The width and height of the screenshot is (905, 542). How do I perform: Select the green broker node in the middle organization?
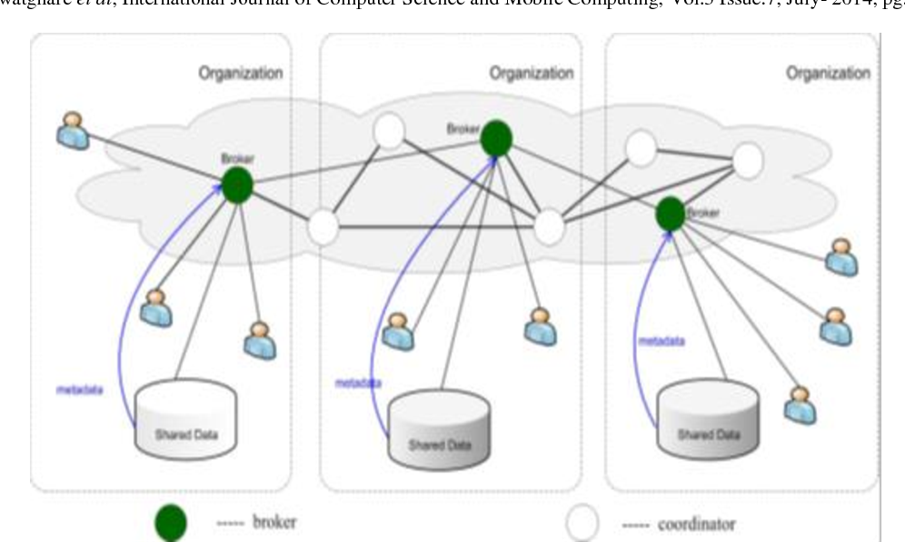(x=496, y=138)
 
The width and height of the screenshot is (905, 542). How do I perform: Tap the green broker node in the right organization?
(x=671, y=214)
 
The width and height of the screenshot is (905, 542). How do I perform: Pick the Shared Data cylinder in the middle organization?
(x=440, y=427)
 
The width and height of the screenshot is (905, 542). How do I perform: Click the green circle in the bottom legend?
(x=172, y=523)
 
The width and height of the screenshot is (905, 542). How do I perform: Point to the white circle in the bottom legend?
(x=582, y=523)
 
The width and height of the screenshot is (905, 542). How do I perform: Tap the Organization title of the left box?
(x=241, y=74)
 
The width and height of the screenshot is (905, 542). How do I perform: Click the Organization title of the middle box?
(x=532, y=74)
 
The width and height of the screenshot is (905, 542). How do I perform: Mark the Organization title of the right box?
(x=829, y=74)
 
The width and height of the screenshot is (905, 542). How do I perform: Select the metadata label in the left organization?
(x=79, y=391)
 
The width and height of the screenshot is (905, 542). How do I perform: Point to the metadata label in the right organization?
(x=661, y=341)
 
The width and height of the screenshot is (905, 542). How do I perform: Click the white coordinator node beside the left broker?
(x=323, y=226)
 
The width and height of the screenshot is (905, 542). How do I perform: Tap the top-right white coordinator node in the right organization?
(x=747, y=161)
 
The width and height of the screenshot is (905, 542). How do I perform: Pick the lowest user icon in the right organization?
(x=800, y=405)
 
